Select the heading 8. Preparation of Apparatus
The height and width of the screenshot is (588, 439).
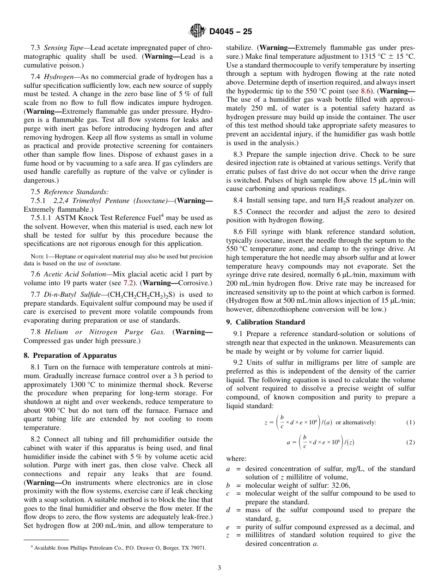click(x=70, y=355)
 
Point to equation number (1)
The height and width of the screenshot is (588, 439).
click(x=410, y=423)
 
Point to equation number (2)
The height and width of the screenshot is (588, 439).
click(x=410, y=442)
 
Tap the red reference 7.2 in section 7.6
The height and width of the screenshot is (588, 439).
click(x=128, y=282)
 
